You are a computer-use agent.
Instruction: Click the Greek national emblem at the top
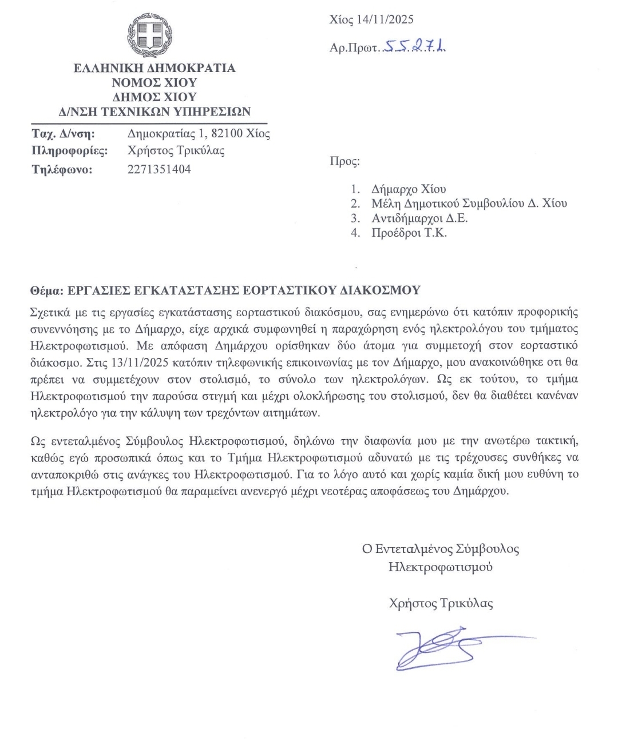150,35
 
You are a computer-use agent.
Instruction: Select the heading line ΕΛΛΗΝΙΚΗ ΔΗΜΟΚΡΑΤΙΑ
154,68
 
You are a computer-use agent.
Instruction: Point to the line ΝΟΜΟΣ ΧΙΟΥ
154,82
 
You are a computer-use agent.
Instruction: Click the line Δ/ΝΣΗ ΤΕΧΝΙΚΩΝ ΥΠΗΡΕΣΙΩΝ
154,111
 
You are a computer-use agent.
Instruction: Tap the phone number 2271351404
159,169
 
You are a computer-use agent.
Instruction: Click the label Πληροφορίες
69,151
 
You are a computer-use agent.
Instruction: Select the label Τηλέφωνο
62,169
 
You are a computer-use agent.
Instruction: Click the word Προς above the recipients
344,161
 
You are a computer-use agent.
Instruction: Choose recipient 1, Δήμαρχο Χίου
408,189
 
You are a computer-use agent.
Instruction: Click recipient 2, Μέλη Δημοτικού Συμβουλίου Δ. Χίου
469,203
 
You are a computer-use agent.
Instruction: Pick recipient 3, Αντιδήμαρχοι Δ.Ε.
419,218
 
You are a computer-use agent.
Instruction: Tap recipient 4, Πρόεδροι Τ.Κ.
409,233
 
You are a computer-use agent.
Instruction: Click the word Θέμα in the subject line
46,290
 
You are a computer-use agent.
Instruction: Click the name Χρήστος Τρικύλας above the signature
441,603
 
